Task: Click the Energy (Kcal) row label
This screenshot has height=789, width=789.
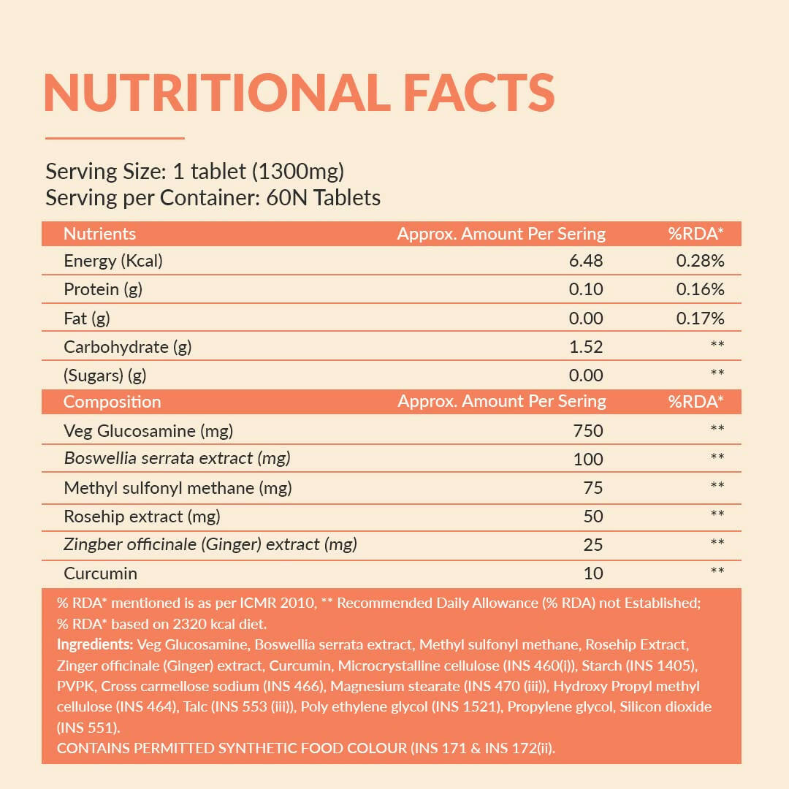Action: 113,261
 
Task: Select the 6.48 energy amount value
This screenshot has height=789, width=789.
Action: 586,261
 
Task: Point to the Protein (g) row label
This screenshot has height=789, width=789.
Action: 103,289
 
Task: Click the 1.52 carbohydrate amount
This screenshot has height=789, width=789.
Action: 586,347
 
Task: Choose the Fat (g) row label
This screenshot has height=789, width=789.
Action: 87,319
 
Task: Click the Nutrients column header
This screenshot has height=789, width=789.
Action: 99,234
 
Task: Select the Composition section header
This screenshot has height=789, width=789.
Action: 112,402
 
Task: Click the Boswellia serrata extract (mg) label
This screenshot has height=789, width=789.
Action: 178,459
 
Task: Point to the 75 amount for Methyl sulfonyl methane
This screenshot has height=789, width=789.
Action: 593,487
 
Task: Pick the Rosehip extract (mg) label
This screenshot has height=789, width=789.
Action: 142,517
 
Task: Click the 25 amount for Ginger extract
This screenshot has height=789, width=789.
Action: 593,545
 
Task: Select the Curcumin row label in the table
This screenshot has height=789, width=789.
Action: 100,573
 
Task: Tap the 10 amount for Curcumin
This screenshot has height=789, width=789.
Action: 593,573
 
